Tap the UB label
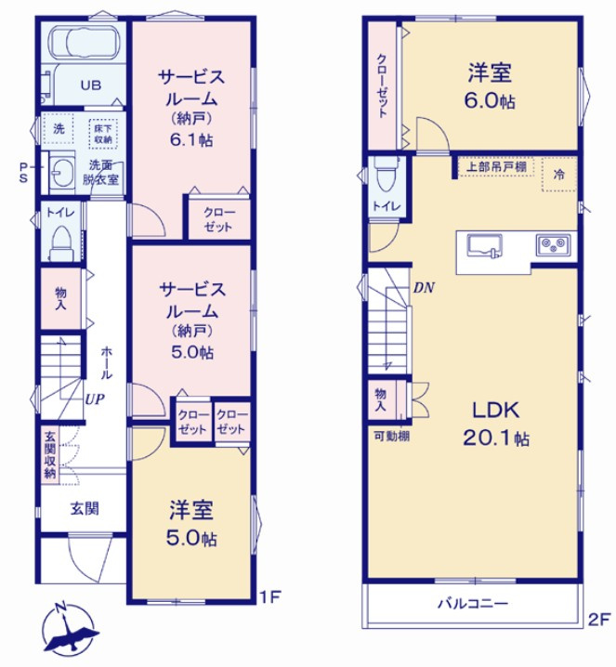click(89, 85)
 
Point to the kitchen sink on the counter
click(484, 245)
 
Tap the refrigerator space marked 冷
click(559, 174)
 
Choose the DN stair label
click(425, 288)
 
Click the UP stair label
click(96, 398)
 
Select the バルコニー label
click(473, 604)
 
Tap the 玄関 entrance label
click(85, 508)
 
